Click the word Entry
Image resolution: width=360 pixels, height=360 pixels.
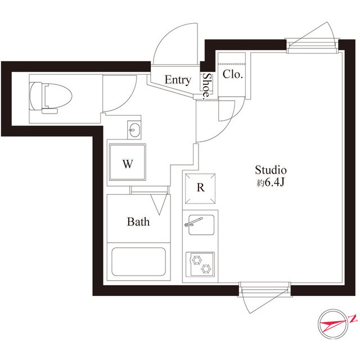tap(178, 80)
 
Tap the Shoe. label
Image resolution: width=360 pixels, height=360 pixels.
tap(207, 86)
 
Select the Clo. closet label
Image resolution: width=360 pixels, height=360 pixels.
tap(232, 74)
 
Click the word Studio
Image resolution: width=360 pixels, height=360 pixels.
tap(271, 170)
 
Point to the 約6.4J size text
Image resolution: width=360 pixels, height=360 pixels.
tap(271, 182)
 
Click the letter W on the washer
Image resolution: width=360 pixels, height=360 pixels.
tap(128, 164)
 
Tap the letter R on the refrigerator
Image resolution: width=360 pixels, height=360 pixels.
tap(201, 187)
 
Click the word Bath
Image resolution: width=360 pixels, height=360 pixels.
tap(138, 222)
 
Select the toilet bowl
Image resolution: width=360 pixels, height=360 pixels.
tap(51, 97)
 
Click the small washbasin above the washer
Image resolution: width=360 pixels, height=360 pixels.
tap(134, 130)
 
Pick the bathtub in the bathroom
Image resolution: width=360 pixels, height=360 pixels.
tap(139, 262)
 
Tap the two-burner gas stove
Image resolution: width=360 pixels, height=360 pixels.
tap(200, 264)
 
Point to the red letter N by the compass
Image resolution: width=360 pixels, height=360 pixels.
tap(353, 319)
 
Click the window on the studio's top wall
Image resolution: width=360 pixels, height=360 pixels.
tap(312, 46)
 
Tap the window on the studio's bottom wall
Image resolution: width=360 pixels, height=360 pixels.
tap(265, 289)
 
